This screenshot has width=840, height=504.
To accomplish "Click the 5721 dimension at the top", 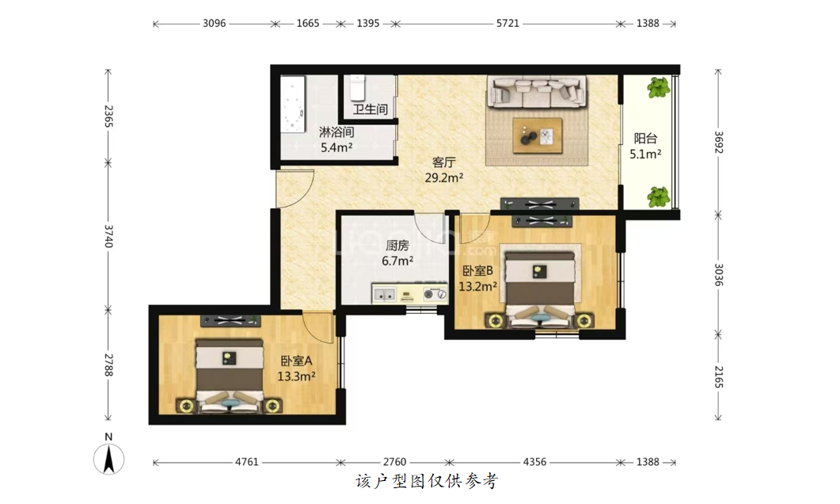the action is (507, 24).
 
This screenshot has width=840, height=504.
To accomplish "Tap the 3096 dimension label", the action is (214, 24).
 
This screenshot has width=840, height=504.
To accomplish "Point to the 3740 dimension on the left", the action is (108, 236).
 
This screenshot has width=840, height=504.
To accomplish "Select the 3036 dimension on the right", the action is (718, 274).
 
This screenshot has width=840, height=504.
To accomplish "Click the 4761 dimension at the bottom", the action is (247, 462).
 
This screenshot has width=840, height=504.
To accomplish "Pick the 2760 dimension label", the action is (395, 462).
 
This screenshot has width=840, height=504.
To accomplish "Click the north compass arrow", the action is (108, 460).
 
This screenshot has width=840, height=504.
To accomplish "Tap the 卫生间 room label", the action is (371, 109).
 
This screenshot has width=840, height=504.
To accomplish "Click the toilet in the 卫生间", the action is (357, 88).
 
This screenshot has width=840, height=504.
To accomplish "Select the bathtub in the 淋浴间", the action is (292, 104).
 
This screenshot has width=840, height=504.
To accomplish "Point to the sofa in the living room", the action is (536, 91).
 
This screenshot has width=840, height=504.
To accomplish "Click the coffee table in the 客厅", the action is (538, 136).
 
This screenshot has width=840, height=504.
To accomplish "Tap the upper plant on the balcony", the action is (659, 87).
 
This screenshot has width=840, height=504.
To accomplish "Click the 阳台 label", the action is (645, 139).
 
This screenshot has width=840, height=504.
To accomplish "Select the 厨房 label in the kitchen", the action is (397, 246).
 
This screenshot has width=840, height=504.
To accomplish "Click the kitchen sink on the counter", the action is (385, 294).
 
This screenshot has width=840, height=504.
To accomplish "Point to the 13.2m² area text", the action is (478, 286).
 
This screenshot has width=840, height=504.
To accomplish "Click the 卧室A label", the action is (296, 361).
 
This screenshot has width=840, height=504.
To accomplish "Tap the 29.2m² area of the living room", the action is (444, 178).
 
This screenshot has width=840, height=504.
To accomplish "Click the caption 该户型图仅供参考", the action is (427, 481).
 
